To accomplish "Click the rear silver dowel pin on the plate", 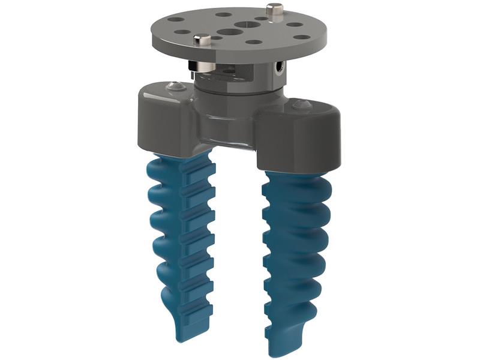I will (x=274, y=10).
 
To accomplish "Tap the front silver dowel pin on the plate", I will (x=203, y=40).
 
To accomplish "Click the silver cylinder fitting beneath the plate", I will (x=193, y=66).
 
